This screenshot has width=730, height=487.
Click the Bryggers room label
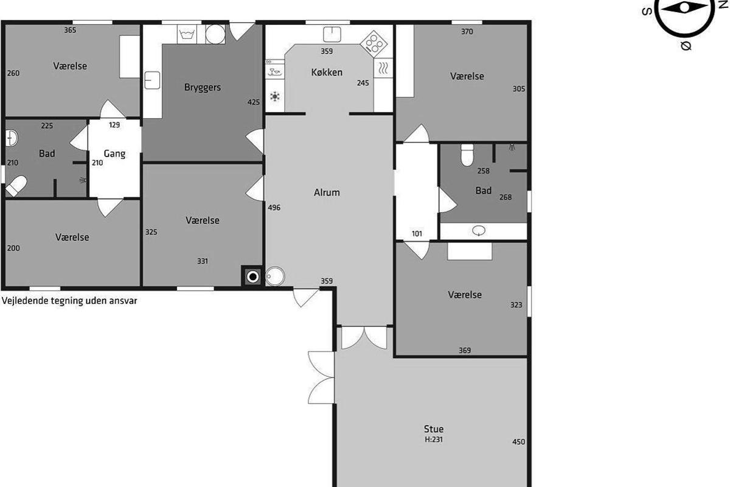point(203,88)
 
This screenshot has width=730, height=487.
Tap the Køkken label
point(327,72)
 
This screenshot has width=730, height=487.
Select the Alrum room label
point(327,192)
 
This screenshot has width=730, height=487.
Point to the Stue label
point(433,429)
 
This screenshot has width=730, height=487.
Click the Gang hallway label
point(114,153)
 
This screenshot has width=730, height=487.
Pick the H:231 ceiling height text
point(433,440)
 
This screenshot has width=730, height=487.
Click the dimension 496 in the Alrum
point(274,208)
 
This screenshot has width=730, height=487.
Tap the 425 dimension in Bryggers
point(254,102)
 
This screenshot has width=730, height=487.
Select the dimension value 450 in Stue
point(518,442)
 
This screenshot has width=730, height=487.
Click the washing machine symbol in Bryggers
point(187,34)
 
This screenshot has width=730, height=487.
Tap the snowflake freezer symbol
point(275,97)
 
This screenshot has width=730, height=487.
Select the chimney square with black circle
point(252,276)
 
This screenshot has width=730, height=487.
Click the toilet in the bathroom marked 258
point(467,155)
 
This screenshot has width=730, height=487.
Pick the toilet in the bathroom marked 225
point(16,186)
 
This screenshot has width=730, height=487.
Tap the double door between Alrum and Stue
point(364,338)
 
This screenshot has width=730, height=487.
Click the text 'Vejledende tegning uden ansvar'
point(69,301)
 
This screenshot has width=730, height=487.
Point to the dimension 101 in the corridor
point(417,234)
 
